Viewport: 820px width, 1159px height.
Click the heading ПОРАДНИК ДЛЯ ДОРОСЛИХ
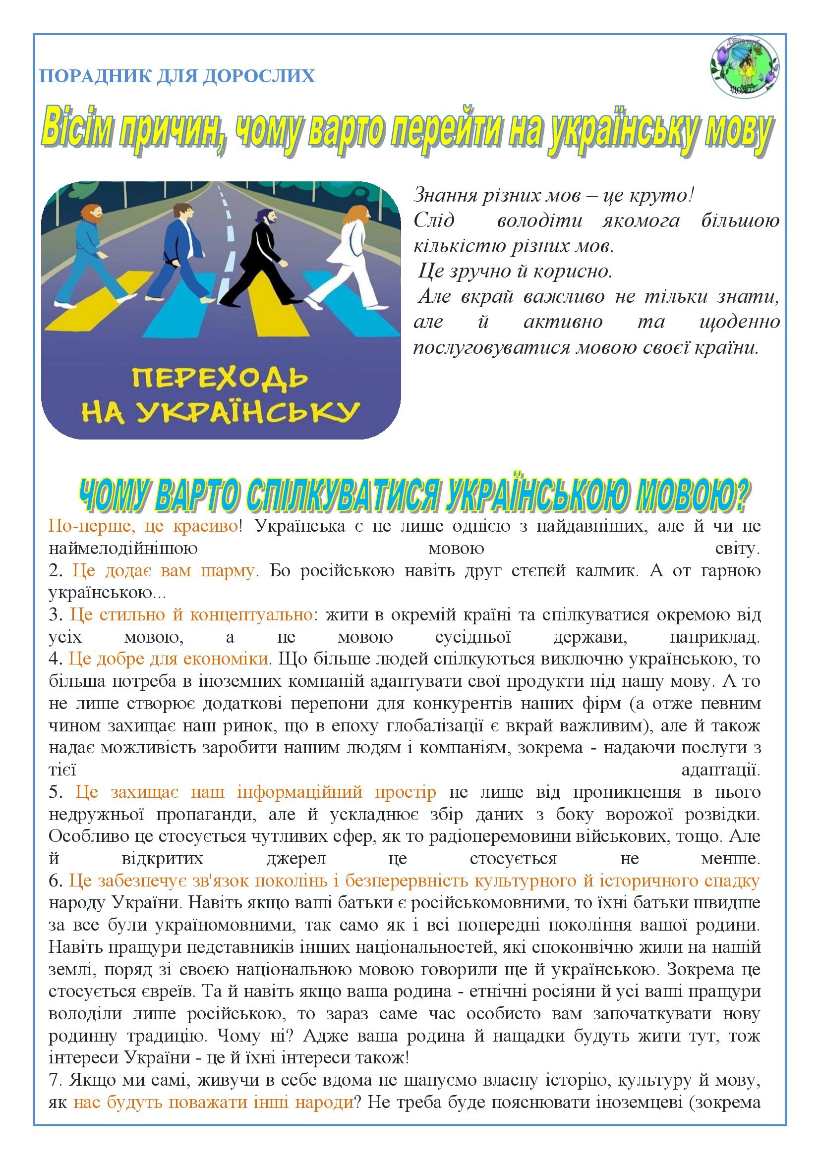click(x=177, y=76)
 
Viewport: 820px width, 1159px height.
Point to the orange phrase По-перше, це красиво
click(x=143, y=527)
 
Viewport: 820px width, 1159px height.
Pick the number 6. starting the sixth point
click(x=55, y=881)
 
